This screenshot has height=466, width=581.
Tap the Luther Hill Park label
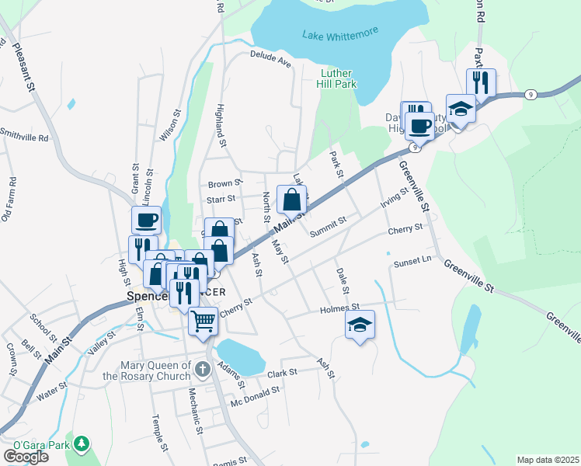338,79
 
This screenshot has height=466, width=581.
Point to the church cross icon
203,368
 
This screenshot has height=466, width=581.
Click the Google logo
26,456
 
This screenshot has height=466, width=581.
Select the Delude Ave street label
270,58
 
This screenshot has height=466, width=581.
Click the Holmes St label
340,309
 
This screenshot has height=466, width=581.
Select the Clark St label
282,373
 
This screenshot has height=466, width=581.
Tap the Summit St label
327,226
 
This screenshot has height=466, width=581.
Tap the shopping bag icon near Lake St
291,200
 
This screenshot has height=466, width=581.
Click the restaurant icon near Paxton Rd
481,82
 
